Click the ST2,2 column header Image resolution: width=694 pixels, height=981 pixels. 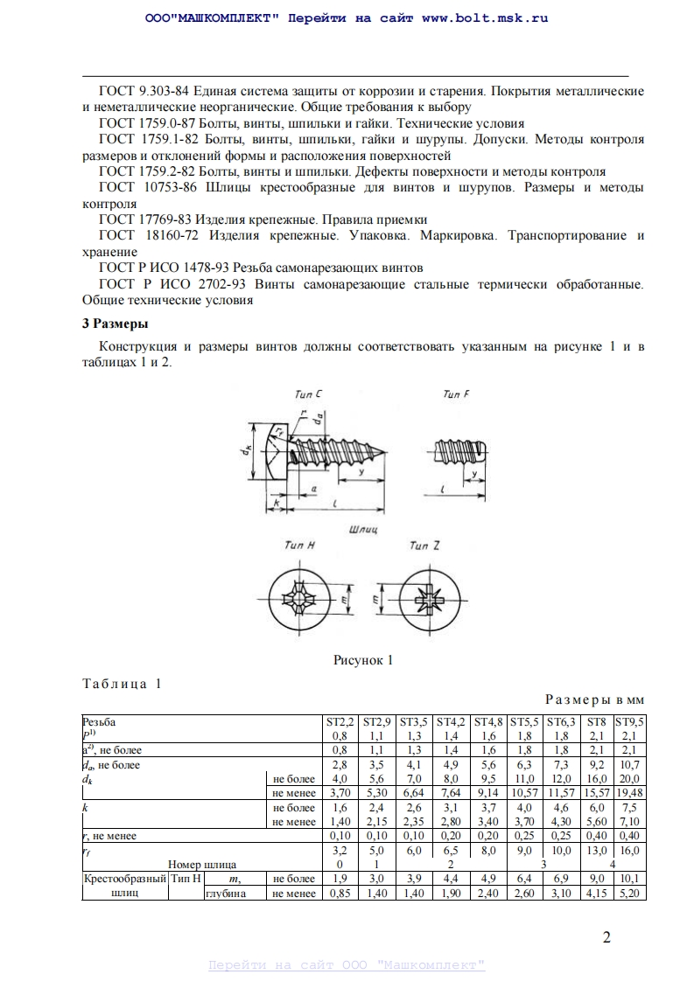(x=340, y=722)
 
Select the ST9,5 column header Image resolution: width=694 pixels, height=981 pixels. (x=629, y=722)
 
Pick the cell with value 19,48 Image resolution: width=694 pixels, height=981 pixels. (x=629, y=793)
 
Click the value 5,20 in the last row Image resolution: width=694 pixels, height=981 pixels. (x=629, y=894)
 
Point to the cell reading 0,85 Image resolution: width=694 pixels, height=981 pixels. (x=340, y=894)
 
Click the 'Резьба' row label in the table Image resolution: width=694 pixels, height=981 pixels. (x=98, y=722)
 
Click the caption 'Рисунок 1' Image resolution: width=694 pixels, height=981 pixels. (x=363, y=660)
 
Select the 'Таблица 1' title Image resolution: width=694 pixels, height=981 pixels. (x=122, y=684)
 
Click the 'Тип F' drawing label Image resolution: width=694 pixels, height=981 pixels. (x=455, y=395)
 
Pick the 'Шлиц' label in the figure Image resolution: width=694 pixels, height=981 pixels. (x=362, y=529)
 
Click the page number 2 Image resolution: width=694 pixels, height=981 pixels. (x=606, y=938)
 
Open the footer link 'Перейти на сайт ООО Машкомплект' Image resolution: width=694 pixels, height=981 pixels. (x=347, y=964)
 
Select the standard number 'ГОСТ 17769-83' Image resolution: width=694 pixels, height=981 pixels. (x=145, y=219)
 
